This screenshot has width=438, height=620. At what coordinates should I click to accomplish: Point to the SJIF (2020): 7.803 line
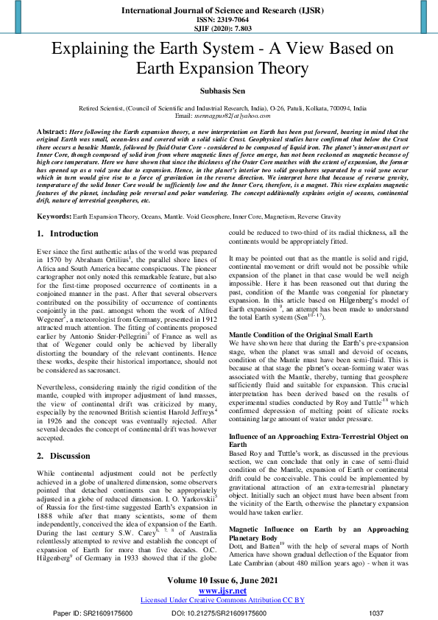pyautogui.click(x=219, y=29)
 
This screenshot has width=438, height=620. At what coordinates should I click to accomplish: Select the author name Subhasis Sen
pyautogui.click(x=219, y=91)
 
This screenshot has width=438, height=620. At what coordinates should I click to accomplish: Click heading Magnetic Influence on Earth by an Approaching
pyautogui.click(x=297, y=529)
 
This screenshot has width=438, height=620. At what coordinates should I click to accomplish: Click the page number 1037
pyautogui.click(x=376, y=612)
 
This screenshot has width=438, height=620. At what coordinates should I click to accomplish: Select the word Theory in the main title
pyautogui.click(x=267, y=68)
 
